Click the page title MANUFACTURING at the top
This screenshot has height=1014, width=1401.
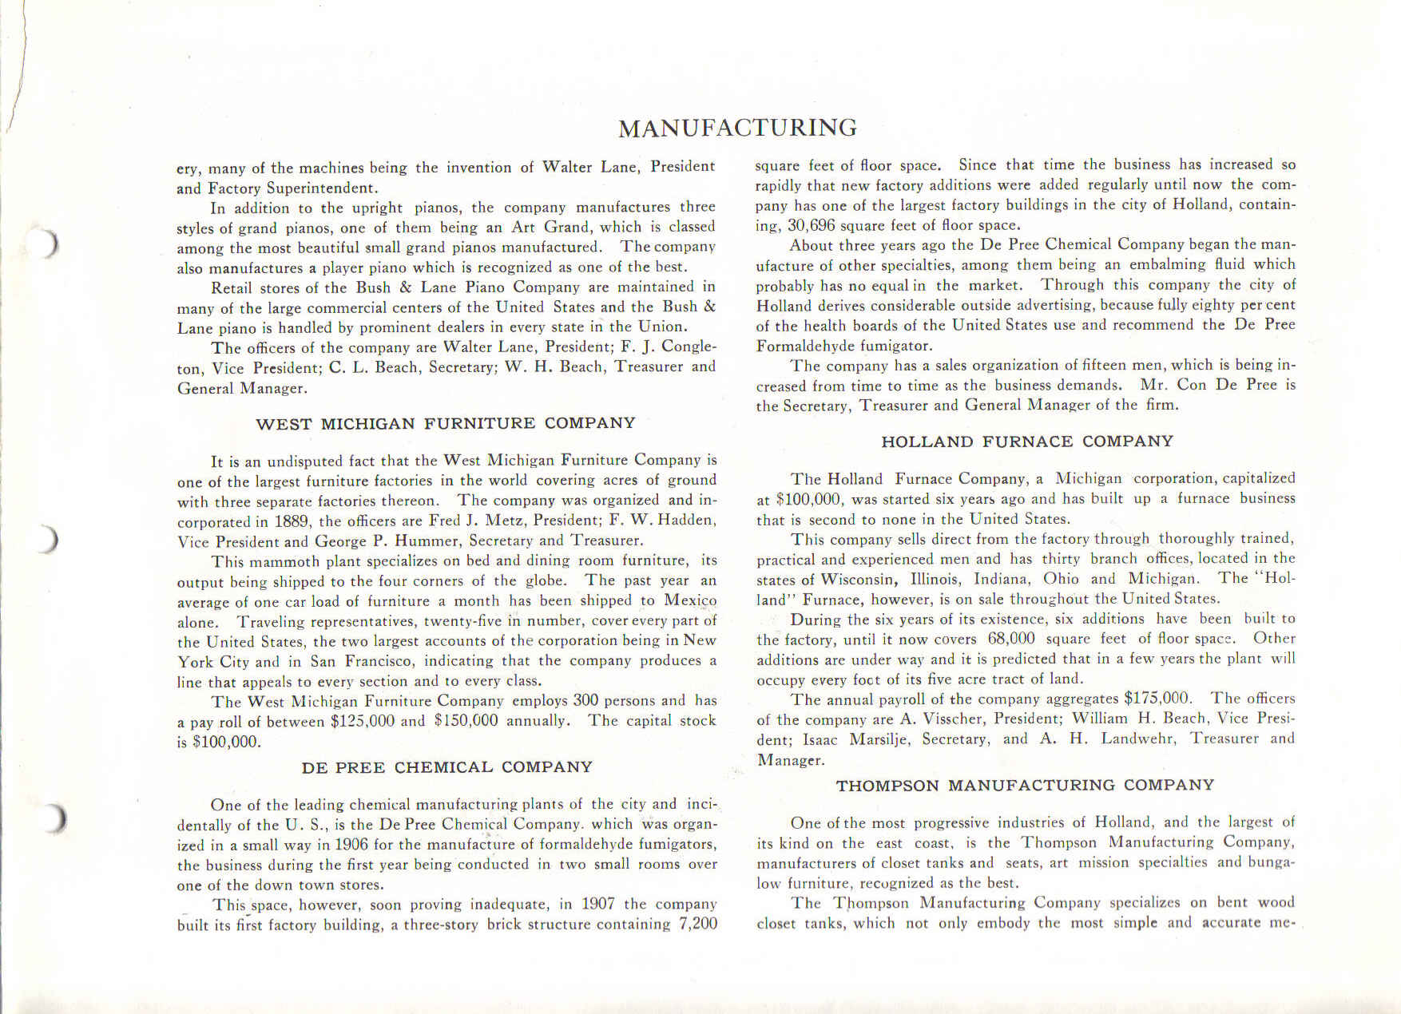pyautogui.click(x=737, y=128)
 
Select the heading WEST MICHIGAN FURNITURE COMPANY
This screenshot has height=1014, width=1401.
pyautogui.click(x=445, y=424)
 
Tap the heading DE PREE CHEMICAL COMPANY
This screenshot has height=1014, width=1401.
pyautogui.click(x=446, y=767)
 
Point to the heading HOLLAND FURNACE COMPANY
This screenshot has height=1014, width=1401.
pyautogui.click(x=1027, y=442)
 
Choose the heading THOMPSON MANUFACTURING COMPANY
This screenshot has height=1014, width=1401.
pyautogui.click(x=1025, y=786)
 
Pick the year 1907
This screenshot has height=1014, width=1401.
pyautogui.click(x=597, y=904)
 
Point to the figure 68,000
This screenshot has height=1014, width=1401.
pyautogui.click(x=1010, y=639)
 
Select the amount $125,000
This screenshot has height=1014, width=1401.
pyautogui.click(x=362, y=721)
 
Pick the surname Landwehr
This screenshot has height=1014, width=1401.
pyautogui.click(x=1138, y=739)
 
